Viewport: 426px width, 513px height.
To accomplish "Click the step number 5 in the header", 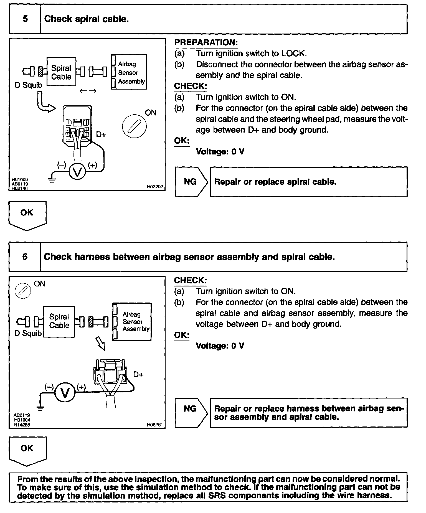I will tap(25, 19).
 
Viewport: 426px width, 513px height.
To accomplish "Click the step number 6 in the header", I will tap(25, 256).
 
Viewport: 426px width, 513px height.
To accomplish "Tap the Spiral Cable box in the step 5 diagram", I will tap(61, 72).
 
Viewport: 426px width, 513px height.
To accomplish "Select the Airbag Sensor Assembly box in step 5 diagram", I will tap(129, 72).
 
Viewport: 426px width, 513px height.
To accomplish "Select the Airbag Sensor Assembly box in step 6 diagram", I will tap(132, 322).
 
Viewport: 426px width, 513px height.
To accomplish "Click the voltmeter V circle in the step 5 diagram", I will tap(77, 172).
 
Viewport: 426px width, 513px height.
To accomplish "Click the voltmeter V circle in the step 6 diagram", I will tap(65, 393).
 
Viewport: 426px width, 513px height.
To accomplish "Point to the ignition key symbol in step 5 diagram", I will tap(134, 126).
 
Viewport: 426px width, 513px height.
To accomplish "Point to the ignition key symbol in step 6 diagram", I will tap(23, 291).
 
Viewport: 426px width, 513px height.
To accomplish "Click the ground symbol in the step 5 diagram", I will tap(52, 181).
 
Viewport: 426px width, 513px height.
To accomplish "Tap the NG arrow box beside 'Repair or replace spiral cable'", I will tap(191, 182).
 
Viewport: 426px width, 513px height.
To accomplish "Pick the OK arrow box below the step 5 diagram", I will tap(27, 215).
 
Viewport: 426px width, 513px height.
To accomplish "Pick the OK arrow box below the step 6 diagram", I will tap(27, 451).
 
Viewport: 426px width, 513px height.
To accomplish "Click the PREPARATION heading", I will tap(206, 43).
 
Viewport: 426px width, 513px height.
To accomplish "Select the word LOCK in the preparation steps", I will tap(294, 54).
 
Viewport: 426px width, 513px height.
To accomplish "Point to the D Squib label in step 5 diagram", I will tap(28, 85).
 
